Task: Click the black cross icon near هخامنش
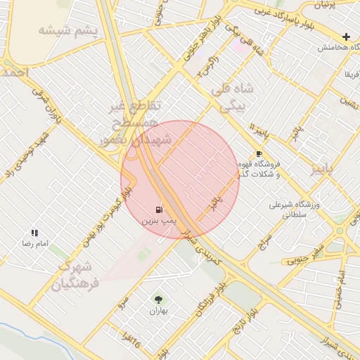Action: pyautogui.click(x=346, y=37)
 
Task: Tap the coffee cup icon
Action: pyautogui.click(x=259, y=153)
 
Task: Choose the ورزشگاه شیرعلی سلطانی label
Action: pyautogui.click(x=295, y=210)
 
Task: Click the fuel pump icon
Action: pyautogui.click(x=159, y=209)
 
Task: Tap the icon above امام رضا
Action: pyautogui.click(x=34, y=232)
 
